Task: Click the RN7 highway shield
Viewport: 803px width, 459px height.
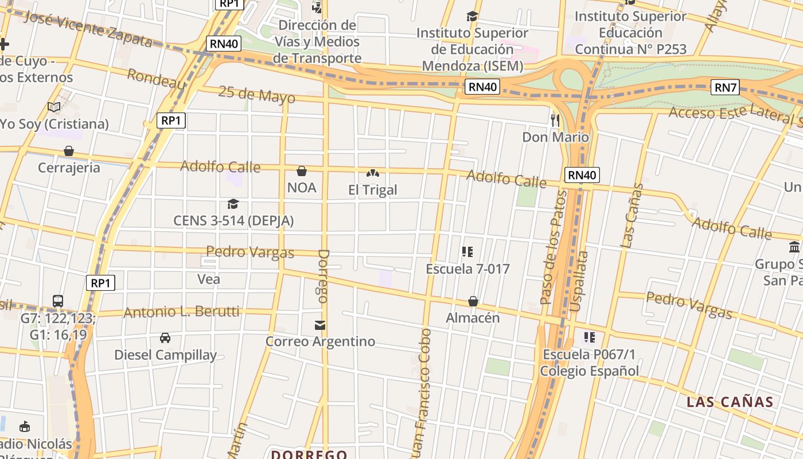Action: click(x=725, y=87)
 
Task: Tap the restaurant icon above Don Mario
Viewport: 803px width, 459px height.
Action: click(x=555, y=120)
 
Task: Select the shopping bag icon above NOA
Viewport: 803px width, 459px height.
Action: click(x=301, y=171)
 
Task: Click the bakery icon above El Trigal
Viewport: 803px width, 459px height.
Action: click(x=372, y=173)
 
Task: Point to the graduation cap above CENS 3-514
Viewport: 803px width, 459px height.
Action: click(x=233, y=204)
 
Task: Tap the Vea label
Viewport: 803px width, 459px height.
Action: click(x=208, y=279)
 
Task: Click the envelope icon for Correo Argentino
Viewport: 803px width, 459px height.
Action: click(x=320, y=325)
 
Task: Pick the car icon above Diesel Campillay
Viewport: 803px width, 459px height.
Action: click(x=165, y=338)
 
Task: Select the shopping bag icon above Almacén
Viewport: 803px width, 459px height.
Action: click(x=473, y=301)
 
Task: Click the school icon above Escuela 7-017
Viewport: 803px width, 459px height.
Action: click(x=467, y=252)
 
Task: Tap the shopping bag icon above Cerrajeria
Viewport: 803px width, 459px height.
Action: click(x=69, y=151)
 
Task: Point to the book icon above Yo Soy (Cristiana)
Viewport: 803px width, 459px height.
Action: click(x=54, y=107)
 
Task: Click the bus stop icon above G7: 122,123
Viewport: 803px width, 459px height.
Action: click(x=58, y=301)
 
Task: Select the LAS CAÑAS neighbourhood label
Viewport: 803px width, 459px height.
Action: click(x=730, y=402)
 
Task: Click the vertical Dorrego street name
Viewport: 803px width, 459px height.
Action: click(x=323, y=276)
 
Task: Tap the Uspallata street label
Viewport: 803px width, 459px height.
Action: click(x=580, y=281)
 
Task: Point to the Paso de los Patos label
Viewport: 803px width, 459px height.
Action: click(x=553, y=247)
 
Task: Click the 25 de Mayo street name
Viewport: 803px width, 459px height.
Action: click(x=252, y=95)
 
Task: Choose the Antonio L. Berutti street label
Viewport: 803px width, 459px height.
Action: click(x=181, y=312)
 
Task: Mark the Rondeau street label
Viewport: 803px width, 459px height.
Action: click(x=156, y=79)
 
